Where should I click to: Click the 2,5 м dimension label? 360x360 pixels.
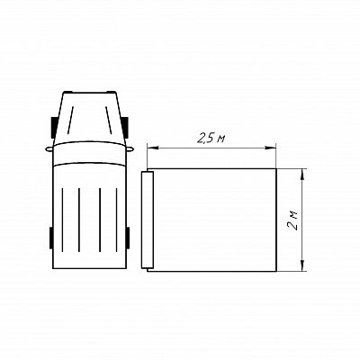tap(211, 139)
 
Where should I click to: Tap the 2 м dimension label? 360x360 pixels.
tap(292, 220)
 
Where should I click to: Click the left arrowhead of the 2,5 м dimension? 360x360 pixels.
tap(152, 148)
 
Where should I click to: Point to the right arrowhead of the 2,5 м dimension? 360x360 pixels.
tap(270, 148)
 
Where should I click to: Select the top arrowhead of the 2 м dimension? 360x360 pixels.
tap(302, 175)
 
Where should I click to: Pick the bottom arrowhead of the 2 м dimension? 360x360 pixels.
tap(302, 266)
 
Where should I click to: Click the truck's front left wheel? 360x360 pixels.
tap(54, 128)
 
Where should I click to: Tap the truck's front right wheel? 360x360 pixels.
tap(126, 128)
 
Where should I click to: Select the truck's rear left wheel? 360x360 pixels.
tap(51, 238)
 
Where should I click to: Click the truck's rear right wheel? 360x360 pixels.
tap(128, 238)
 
